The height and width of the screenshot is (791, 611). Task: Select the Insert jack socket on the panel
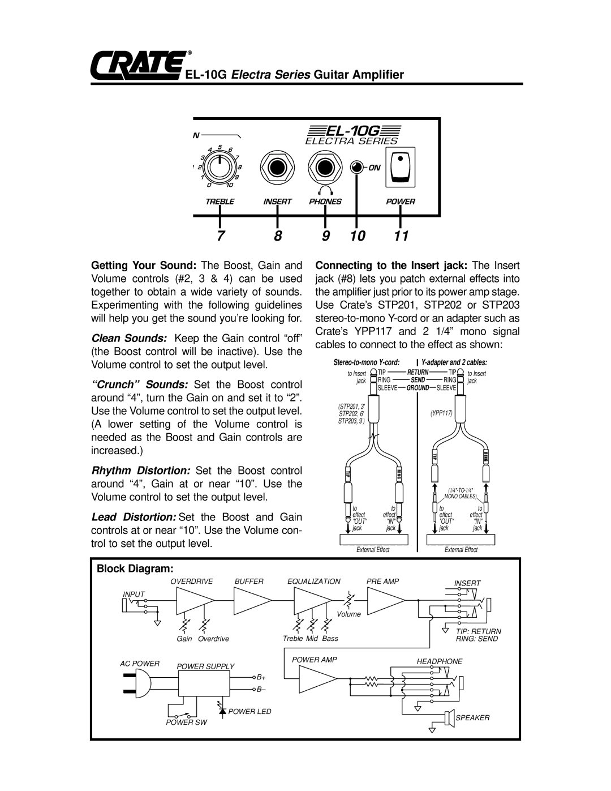coord(277,168)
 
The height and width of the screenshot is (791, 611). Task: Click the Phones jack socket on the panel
coord(325,168)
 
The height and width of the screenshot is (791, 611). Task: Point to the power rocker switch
coord(400,168)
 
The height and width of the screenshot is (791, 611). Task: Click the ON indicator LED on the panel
coord(356,168)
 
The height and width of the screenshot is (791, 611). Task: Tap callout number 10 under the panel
coord(358,236)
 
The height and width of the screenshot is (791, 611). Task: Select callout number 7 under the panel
coord(221,236)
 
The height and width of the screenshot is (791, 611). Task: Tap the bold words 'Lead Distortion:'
coord(134,518)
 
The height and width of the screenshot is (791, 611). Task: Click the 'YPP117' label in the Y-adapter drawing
coord(441,413)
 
